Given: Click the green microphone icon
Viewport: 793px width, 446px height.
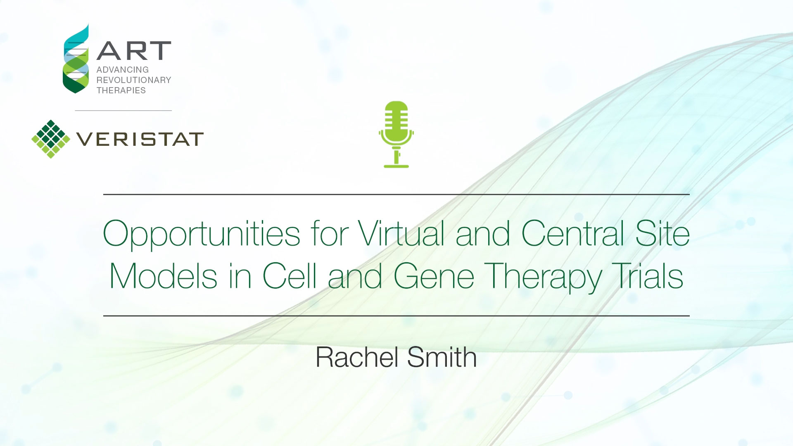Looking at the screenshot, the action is point(396,134).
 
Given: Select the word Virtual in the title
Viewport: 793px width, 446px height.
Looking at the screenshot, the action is point(401,233).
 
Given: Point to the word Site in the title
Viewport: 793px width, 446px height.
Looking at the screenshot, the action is point(662,233).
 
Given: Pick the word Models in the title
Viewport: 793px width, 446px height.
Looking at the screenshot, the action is point(163,276).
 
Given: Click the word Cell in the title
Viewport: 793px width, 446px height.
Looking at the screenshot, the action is point(290,276).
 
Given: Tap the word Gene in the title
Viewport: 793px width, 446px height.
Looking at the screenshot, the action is point(434,276).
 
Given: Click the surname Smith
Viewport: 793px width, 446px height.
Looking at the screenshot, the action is point(442,357).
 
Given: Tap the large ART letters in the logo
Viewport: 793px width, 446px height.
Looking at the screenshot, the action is point(134,51).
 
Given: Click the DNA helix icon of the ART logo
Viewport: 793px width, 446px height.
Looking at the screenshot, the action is point(76,58).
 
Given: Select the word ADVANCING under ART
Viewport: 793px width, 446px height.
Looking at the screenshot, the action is point(123,70).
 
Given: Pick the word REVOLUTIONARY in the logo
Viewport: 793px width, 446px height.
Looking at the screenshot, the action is point(134,80).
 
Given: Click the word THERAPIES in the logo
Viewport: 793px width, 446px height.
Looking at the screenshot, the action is point(121,90).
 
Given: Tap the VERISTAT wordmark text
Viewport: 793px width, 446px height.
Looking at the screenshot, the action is point(140,139).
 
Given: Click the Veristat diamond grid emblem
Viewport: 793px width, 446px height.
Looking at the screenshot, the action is point(51,139).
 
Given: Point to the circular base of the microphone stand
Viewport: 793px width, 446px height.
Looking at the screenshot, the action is point(396,166).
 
